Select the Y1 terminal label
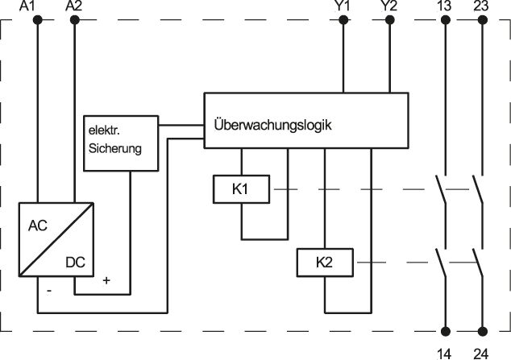click(343, 7)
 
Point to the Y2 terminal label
click(389, 7)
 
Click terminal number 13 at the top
click(444, 7)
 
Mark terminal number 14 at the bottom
click(444, 352)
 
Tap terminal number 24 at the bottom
click(481, 352)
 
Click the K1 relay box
click(240, 189)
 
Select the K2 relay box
click(324, 263)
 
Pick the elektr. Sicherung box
click(120, 142)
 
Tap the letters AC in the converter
click(38, 226)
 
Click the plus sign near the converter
click(106, 280)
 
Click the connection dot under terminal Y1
click(343, 21)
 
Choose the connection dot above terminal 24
click(482, 331)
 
